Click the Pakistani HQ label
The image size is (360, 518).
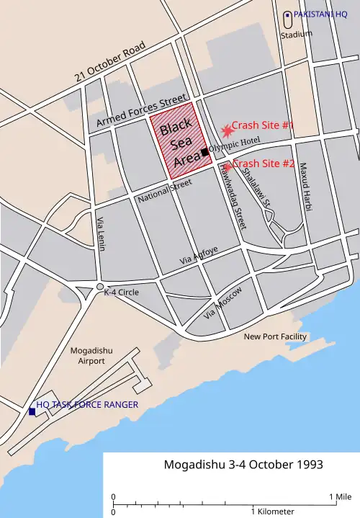click(320, 14)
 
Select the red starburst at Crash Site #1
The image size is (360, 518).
click(227, 130)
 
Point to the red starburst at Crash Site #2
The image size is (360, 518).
click(228, 166)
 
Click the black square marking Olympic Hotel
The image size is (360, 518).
click(205, 151)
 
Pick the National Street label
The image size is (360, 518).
click(165, 189)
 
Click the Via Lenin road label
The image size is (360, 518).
click(101, 235)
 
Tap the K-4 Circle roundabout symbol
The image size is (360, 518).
click(100, 287)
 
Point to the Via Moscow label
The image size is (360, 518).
click(224, 303)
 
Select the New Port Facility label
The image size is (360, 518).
click(274, 336)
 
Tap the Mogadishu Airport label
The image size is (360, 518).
click(87, 355)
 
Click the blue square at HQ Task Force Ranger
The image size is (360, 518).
click(32, 411)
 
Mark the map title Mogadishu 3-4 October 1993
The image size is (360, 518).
click(233, 465)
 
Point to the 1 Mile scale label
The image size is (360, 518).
click(341, 496)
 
